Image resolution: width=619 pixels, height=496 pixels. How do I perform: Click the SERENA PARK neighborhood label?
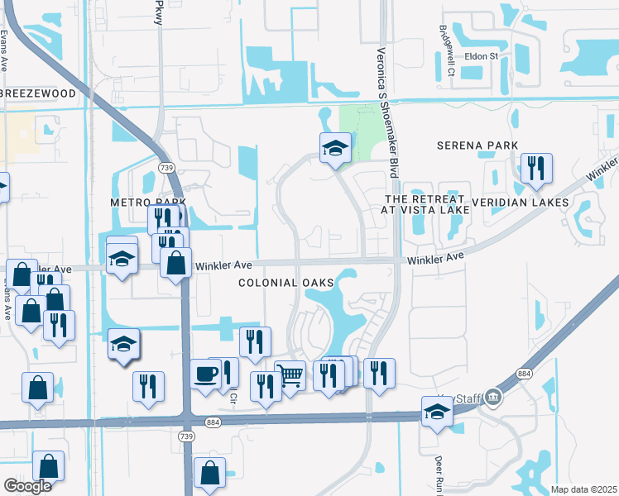coord(472,145)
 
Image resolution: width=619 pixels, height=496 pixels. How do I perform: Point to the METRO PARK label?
coord(148,203)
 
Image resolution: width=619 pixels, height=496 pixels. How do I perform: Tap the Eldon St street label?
coord(482,56)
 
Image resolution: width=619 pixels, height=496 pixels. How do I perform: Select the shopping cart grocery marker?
coord(290,375)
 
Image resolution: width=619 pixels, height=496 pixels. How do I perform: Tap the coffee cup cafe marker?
coord(206,374)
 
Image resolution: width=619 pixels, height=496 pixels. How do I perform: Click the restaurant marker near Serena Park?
coord(536,169)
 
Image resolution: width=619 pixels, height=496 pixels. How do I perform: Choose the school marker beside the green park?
coord(335,148)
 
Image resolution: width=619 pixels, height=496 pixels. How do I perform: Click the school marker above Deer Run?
coord(436,411)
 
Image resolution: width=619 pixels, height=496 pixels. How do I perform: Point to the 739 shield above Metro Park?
coord(167,167)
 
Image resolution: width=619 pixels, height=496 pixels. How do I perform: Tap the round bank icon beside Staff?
coord(494,398)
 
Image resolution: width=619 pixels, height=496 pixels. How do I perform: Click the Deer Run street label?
coord(439,471)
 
